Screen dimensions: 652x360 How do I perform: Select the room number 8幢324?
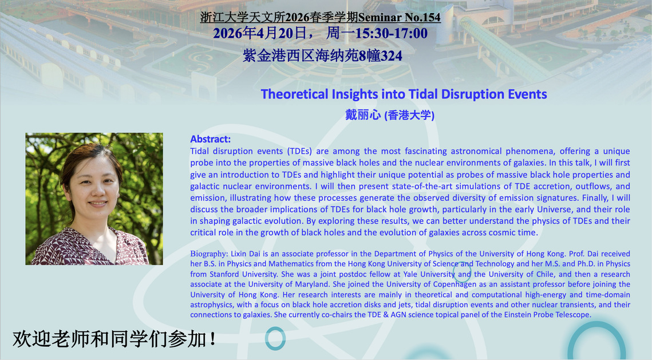380,56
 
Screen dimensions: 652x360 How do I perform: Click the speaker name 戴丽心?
363,114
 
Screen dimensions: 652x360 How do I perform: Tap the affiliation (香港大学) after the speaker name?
410,115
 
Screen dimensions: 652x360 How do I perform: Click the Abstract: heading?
211,139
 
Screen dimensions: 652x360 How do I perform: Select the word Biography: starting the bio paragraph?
209,254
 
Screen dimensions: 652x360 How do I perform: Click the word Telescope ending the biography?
573,315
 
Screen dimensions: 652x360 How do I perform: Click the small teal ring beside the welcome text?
275,338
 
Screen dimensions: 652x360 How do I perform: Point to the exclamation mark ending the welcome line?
213,339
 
